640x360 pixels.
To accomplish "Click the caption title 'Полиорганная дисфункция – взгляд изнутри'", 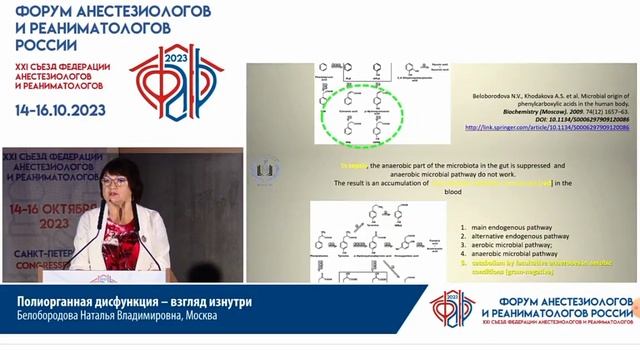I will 118,302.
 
